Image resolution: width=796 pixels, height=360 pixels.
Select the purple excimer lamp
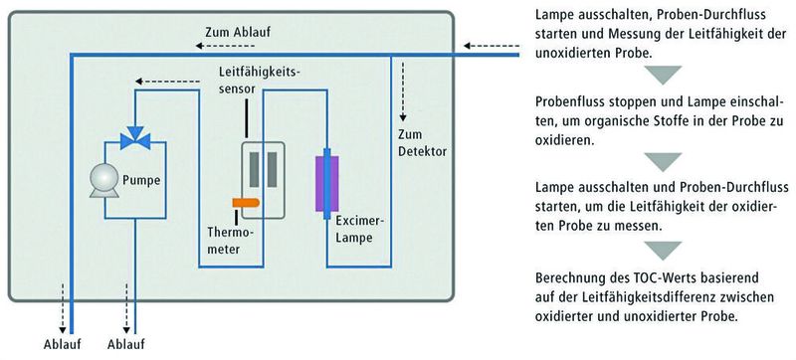(323, 183)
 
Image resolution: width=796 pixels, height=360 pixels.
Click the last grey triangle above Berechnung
(660, 251)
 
